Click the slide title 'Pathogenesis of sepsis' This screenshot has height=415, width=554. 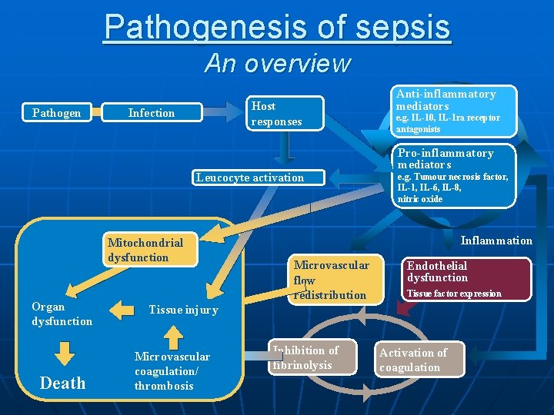277,26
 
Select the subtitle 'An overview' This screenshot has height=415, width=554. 277,63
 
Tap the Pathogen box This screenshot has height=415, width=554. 57,113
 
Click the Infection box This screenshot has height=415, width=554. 152,113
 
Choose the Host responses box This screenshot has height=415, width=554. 285,114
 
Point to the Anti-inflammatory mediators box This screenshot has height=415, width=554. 453,111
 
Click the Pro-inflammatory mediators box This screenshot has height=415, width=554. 453,176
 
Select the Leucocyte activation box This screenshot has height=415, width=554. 250,178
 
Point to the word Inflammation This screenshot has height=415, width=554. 496,241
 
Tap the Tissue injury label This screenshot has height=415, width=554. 183,310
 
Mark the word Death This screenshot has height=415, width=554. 62,383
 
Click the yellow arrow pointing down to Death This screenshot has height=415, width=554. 65,353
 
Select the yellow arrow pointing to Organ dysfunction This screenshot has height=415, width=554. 122,310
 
